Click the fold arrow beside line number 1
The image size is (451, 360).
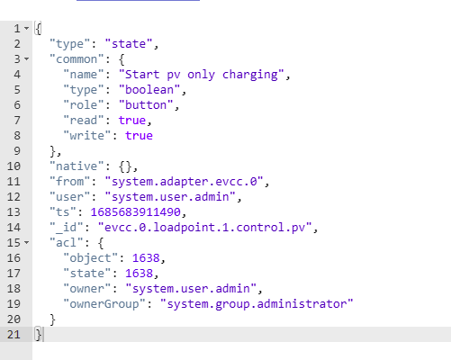(27, 29)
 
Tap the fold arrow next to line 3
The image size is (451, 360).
(27, 59)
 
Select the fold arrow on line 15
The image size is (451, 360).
(27, 242)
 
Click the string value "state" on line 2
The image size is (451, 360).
(129, 44)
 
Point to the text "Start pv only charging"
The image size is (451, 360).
(202, 75)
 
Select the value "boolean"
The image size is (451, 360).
(149, 90)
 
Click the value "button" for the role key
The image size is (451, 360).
(146, 105)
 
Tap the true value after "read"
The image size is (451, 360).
(132, 121)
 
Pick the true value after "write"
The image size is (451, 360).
(139, 136)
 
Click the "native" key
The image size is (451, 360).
(77, 166)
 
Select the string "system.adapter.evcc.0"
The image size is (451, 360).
(185, 182)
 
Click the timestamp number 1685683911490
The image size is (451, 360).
(136, 212)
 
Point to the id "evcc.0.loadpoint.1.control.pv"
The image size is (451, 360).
(205, 228)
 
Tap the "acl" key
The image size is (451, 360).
(67, 242)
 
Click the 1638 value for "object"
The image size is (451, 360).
(146, 258)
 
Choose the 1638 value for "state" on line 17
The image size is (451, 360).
(139, 274)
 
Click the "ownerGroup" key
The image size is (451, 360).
(104, 304)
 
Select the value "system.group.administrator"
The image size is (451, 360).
(257, 304)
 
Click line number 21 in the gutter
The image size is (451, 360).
(14, 335)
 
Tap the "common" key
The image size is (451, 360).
(77, 59)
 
